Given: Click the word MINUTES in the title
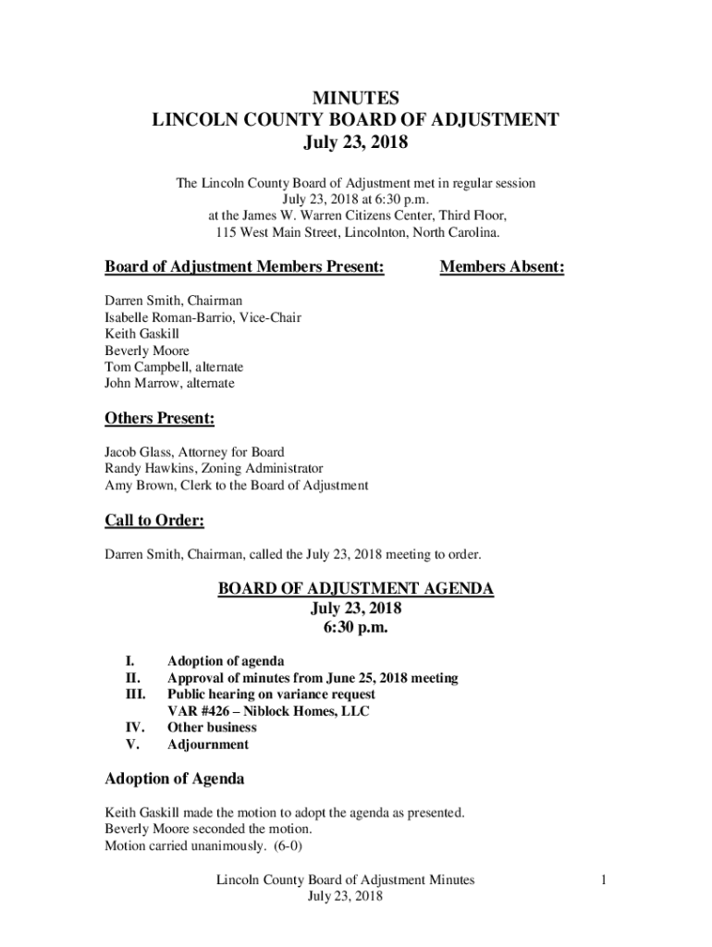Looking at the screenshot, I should [356, 97].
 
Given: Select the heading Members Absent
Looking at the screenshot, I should [501, 267].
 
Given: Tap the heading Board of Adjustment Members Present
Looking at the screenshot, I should [244, 267].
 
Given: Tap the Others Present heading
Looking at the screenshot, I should [159, 419].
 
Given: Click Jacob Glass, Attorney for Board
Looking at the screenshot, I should [194, 452].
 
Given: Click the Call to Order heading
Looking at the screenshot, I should [154, 521].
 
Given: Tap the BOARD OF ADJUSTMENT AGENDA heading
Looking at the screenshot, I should [356, 588].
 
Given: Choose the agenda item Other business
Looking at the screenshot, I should [212, 728].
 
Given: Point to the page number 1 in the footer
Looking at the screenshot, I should [602, 880].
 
